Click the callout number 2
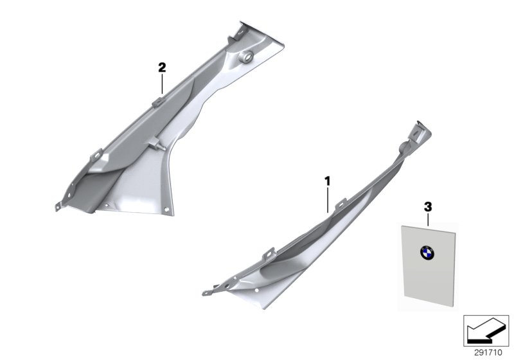pyautogui.click(x=162, y=68)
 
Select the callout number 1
pyautogui.click(x=327, y=181)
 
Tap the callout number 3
pyautogui.click(x=428, y=207)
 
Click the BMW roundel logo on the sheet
pyautogui.click(x=427, y=253)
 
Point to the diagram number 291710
pyautogui.click(x=488, y=353)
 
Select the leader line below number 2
pyautogui.click(x=162, y=84)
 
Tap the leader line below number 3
pyautogui.click(x=428, y=219)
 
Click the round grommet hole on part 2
pyautogui.click(x=247, y=57)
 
